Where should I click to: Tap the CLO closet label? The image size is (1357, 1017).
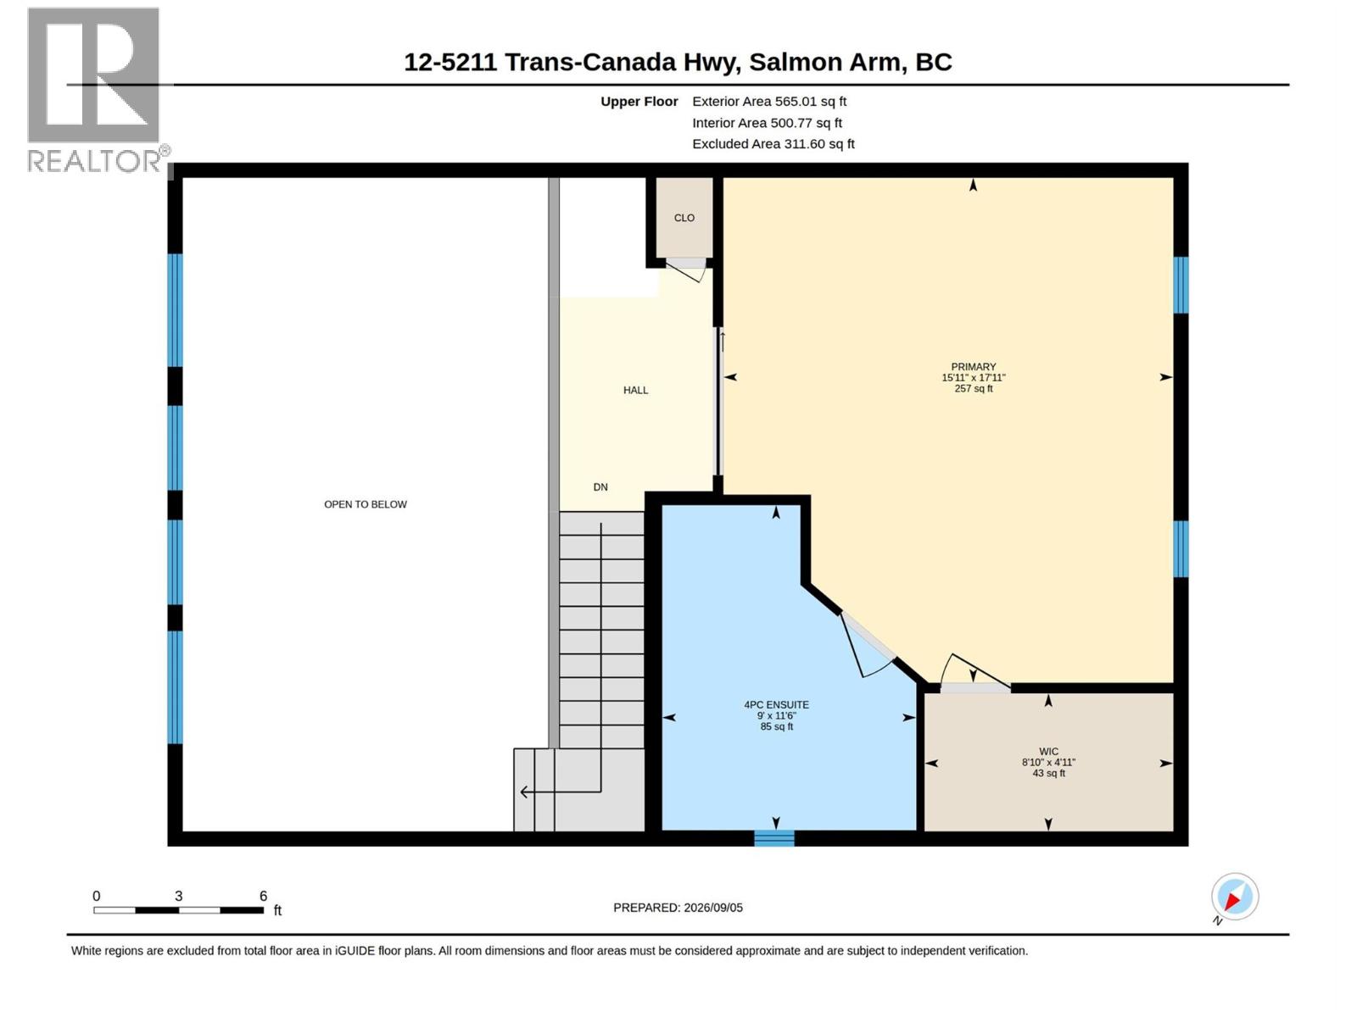[684, 218]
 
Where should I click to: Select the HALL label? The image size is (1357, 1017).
[635, 390]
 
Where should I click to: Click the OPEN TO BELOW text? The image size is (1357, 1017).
[366, 504]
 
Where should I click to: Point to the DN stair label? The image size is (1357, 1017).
[600, 487]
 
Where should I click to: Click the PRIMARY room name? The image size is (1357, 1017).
[973, 367]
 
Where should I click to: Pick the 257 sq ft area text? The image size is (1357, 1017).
[973, 388]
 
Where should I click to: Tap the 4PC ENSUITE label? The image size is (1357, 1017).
[776, 704]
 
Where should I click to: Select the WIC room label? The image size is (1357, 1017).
[1048, 752]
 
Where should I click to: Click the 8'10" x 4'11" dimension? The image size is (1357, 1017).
[1048, 763]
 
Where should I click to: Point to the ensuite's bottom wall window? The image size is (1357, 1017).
[774, 838]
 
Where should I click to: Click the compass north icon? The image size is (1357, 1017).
[1235, 897]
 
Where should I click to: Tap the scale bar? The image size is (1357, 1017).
[179, 910]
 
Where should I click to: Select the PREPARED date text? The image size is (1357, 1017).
[678, 908]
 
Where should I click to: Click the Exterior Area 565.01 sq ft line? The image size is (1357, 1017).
[769, 101]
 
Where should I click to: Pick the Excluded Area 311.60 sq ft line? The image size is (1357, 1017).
[773, 144]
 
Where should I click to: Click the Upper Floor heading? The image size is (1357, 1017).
[639, 101]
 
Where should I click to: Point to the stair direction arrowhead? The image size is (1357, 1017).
[523, 792]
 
